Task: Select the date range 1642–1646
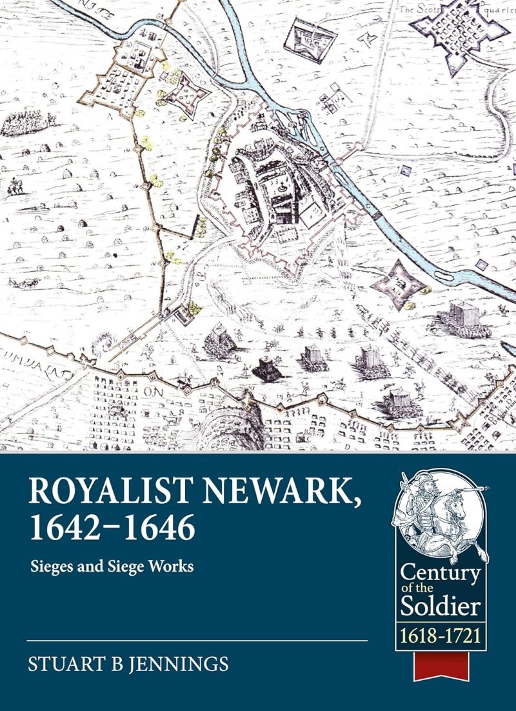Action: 110,528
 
